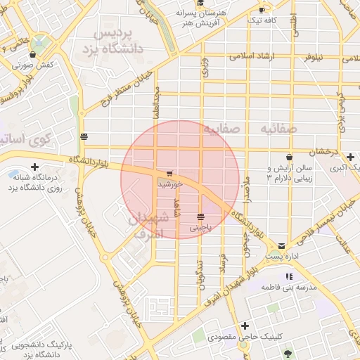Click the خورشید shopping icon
coord(169,174)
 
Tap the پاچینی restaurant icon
coord(201,217)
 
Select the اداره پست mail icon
coord(282,246)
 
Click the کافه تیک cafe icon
coord(262,11)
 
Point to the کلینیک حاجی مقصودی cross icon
coord(245,326)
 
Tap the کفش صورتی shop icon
coord(34,53)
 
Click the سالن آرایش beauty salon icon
coord(289,157)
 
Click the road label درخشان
coord(326,150)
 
